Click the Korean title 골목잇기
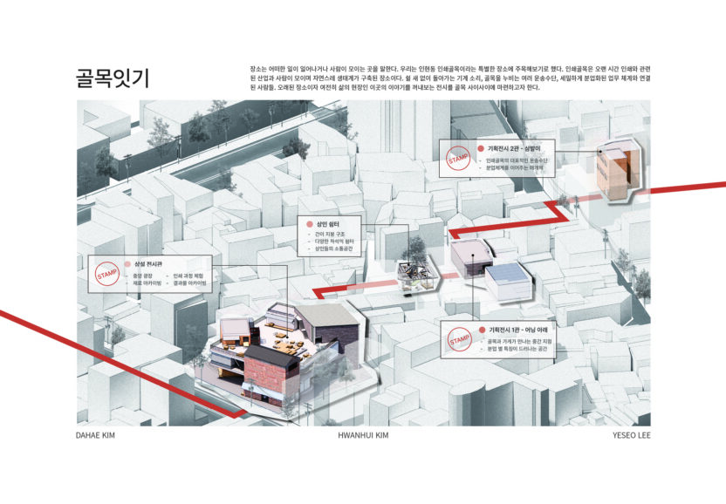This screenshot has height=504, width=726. (x=112, y=78)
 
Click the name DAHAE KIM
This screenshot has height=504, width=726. (x=96, y=434)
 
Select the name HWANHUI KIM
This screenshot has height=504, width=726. (x=362, y=434)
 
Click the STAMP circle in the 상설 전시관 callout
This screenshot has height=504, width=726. (x=106, y=276)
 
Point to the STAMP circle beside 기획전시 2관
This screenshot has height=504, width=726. (x=458, y=160)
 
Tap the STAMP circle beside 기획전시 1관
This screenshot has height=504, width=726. (x=460, y=340)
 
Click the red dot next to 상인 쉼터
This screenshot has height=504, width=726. (x=307, y=225)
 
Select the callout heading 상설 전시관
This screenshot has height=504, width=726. (x=148, y=263)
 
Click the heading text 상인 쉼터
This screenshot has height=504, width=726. (x=326, y=225)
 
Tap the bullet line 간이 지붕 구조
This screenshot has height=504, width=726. (x=330, y=235)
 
